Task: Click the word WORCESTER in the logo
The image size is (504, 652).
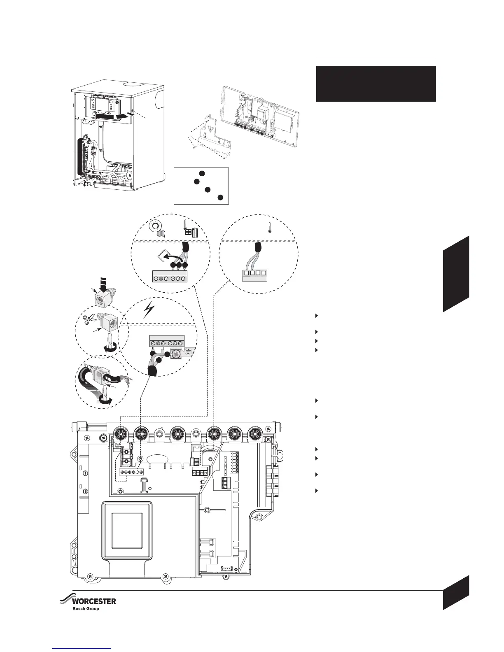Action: [94, 601]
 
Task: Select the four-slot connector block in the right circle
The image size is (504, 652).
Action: [254, 275]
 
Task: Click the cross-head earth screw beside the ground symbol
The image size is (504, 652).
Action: [176, 353]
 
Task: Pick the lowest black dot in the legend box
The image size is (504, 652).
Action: [220, 198]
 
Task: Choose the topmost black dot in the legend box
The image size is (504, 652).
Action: [201, 173]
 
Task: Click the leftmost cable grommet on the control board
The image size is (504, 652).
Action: [120, 433]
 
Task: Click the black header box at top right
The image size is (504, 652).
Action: [376, 84]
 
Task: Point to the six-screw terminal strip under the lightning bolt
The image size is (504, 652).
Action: [166, 342]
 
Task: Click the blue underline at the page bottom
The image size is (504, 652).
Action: [82, 648]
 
